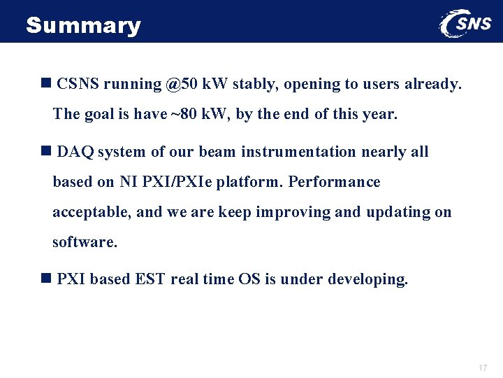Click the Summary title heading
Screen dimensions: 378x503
83,26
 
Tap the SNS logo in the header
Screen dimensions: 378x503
467,24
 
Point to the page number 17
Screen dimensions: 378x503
482,368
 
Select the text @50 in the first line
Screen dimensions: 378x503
182,84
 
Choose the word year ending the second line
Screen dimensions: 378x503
379,114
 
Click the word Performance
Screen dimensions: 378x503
334,182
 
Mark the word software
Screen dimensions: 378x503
85,242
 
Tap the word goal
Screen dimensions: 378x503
101,114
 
